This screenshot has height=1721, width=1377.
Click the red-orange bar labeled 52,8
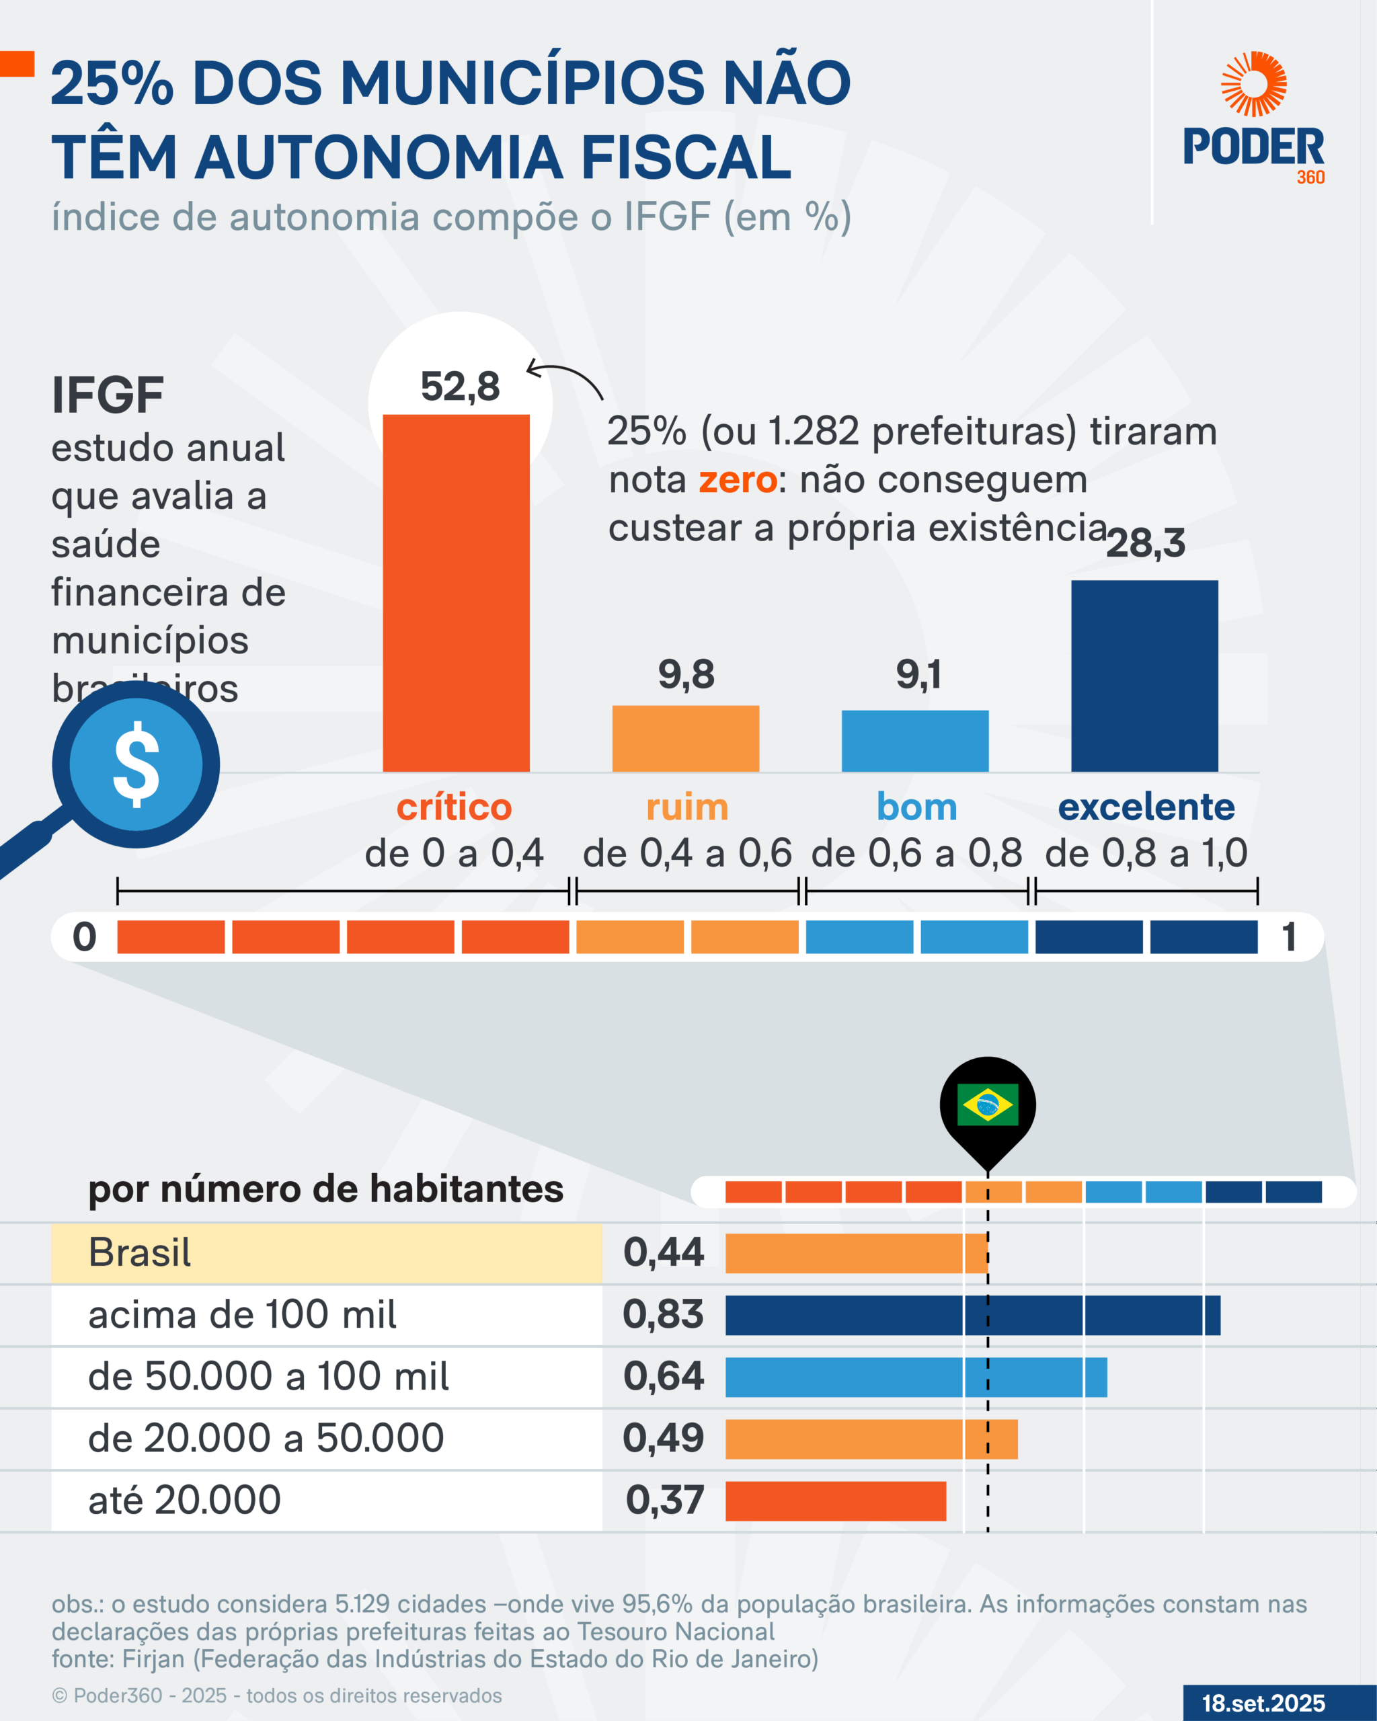click(456, 592)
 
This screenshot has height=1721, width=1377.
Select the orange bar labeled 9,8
click(685, 738)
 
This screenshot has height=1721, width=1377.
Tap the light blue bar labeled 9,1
click(915, 741)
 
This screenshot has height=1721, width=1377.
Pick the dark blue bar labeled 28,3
click(1144, 676)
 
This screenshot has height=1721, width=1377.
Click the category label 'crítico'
click(455, 807)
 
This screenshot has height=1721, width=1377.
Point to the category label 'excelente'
click(1146, 807)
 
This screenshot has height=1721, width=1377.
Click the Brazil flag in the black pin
click(988, 1105)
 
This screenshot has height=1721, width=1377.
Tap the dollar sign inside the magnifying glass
click(136, 764)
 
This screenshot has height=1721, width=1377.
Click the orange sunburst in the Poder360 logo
click(1253, 84)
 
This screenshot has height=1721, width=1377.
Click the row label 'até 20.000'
click(184, 1500)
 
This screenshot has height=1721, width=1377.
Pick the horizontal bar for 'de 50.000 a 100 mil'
click(916, 1377)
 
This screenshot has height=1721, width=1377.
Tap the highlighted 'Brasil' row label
click(140, 1252)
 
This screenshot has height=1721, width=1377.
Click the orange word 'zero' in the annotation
click(738, 481)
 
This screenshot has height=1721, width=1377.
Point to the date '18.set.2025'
click(1263, 1703)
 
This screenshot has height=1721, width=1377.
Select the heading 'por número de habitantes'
click(325, 1189)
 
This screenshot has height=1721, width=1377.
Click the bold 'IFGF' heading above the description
click(108, 395)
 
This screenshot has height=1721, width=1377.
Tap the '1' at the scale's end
click(1288, 936)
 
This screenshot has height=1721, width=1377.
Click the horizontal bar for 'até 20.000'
click(835, 1500)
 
